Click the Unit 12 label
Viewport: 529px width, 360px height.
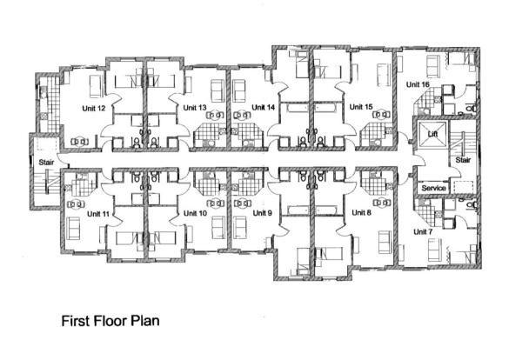click(x=95, y=109)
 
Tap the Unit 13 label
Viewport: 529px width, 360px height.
click(x=194, y=108)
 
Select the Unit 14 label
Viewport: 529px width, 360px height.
click(x=263, y=108)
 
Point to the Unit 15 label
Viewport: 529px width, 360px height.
click(x=361, y=108)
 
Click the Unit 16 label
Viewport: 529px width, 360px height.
click(x=418, y=84)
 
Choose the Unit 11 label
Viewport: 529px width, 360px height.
click(x=98, y=212)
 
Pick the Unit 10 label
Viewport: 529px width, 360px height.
click(x=195, y=212)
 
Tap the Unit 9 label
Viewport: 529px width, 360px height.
click(x=263, y=212)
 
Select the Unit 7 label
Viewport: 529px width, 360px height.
click(x=422, y=233)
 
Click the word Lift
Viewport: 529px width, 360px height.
click(x=432, y=134)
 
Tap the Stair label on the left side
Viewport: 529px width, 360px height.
click(x=46, y=162)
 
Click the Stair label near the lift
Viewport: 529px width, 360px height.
click(x=464, y=160)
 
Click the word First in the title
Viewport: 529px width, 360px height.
click(x=76, y=320)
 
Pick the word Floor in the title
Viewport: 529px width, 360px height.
click(x=110, y=320)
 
